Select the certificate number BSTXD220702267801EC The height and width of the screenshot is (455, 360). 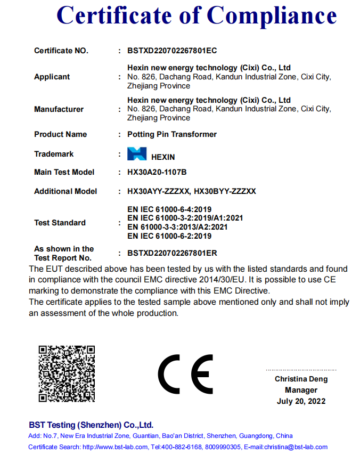[x=172, y=51]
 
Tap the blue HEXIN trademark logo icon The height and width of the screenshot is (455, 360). [x=136, y=155]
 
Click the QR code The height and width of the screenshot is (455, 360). [x=67, y=373]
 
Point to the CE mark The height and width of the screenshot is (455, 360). [x=185, y=372]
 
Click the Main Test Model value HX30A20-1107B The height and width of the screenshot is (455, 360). [x=157, y=172]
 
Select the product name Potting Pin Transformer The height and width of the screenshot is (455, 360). [x=172, y=134]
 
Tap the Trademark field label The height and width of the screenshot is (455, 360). [x=54, y=154]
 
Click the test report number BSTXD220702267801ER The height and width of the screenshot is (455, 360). [x=172, y=253]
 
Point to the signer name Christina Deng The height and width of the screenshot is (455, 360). [x=301, y=379]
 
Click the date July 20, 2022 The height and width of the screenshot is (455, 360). [x=301, y=401]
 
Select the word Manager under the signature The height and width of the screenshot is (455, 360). [x=301, y=390]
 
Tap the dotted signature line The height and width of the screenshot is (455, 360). [x=301, y=370]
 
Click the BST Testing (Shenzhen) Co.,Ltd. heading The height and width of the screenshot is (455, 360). [x=91, y=425]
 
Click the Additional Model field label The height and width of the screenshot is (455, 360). [x=66, y=191]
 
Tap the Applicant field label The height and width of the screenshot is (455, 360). [x=52, y=77]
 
